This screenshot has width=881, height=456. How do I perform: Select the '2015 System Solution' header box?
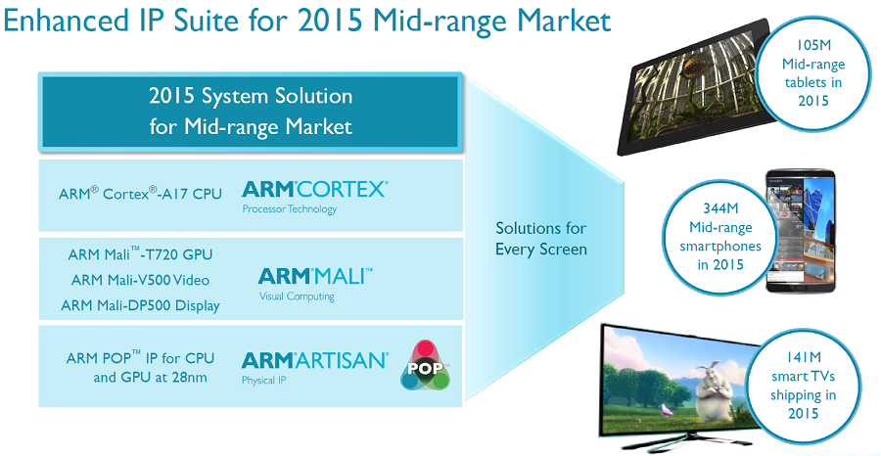click(250, 112)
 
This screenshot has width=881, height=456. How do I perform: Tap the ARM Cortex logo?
click(314, 188)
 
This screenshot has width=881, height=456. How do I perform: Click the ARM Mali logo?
click(314, 277)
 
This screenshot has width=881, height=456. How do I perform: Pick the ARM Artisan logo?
click(314, 360)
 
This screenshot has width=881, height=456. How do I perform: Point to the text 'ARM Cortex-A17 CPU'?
click(141, 193)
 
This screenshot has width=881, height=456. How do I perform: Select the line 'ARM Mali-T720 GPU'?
click(140, 254)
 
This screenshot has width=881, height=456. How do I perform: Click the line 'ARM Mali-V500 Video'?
click(140, 280)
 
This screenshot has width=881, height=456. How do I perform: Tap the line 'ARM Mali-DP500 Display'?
click(140, 305)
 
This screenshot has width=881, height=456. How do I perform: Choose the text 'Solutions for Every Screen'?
click(540, 239)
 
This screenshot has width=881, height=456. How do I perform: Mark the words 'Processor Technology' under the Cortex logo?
click(289, 208)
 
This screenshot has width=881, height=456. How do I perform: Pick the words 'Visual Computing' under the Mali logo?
click(296, 296)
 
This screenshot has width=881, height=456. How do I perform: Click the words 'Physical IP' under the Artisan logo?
click(264, 380)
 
